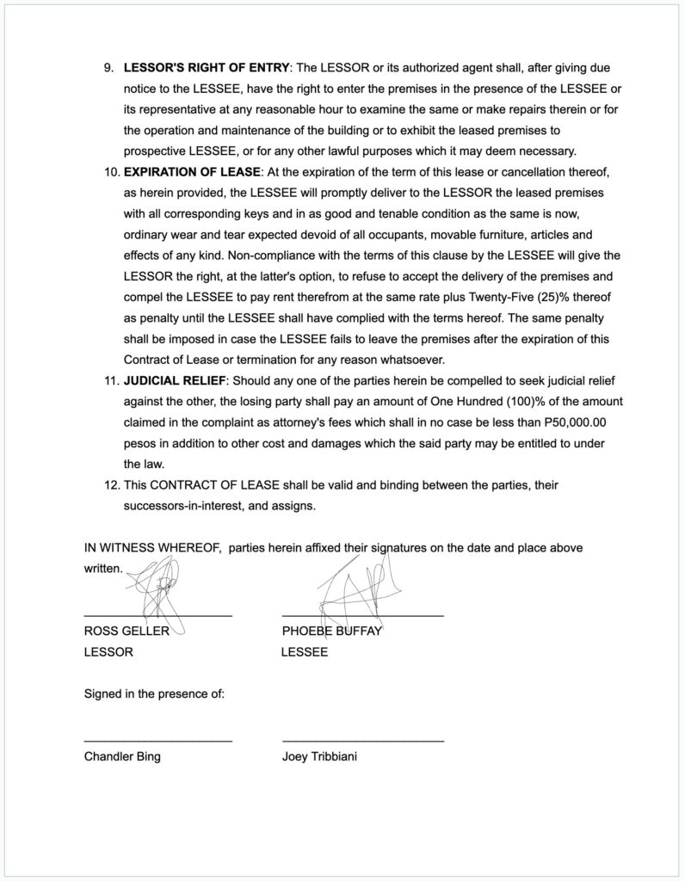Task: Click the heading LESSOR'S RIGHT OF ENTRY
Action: tap(206, 67)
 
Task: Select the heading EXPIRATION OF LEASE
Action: tap(192, 172)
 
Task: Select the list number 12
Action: tap(110, 485)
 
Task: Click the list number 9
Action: tap(109, 67)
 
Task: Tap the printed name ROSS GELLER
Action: tap(126, 631)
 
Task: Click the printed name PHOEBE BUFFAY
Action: tap(331, 631)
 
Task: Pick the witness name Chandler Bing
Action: tap(121, 757)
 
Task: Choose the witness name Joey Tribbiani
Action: tap(319, 757)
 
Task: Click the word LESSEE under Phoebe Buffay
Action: tap(304, 652)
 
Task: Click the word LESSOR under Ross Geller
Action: tap(108, 652)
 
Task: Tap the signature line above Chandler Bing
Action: tap(157, 741)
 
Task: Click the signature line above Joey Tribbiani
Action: tap(362, 741)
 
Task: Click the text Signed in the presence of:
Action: tap(154, 693)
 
